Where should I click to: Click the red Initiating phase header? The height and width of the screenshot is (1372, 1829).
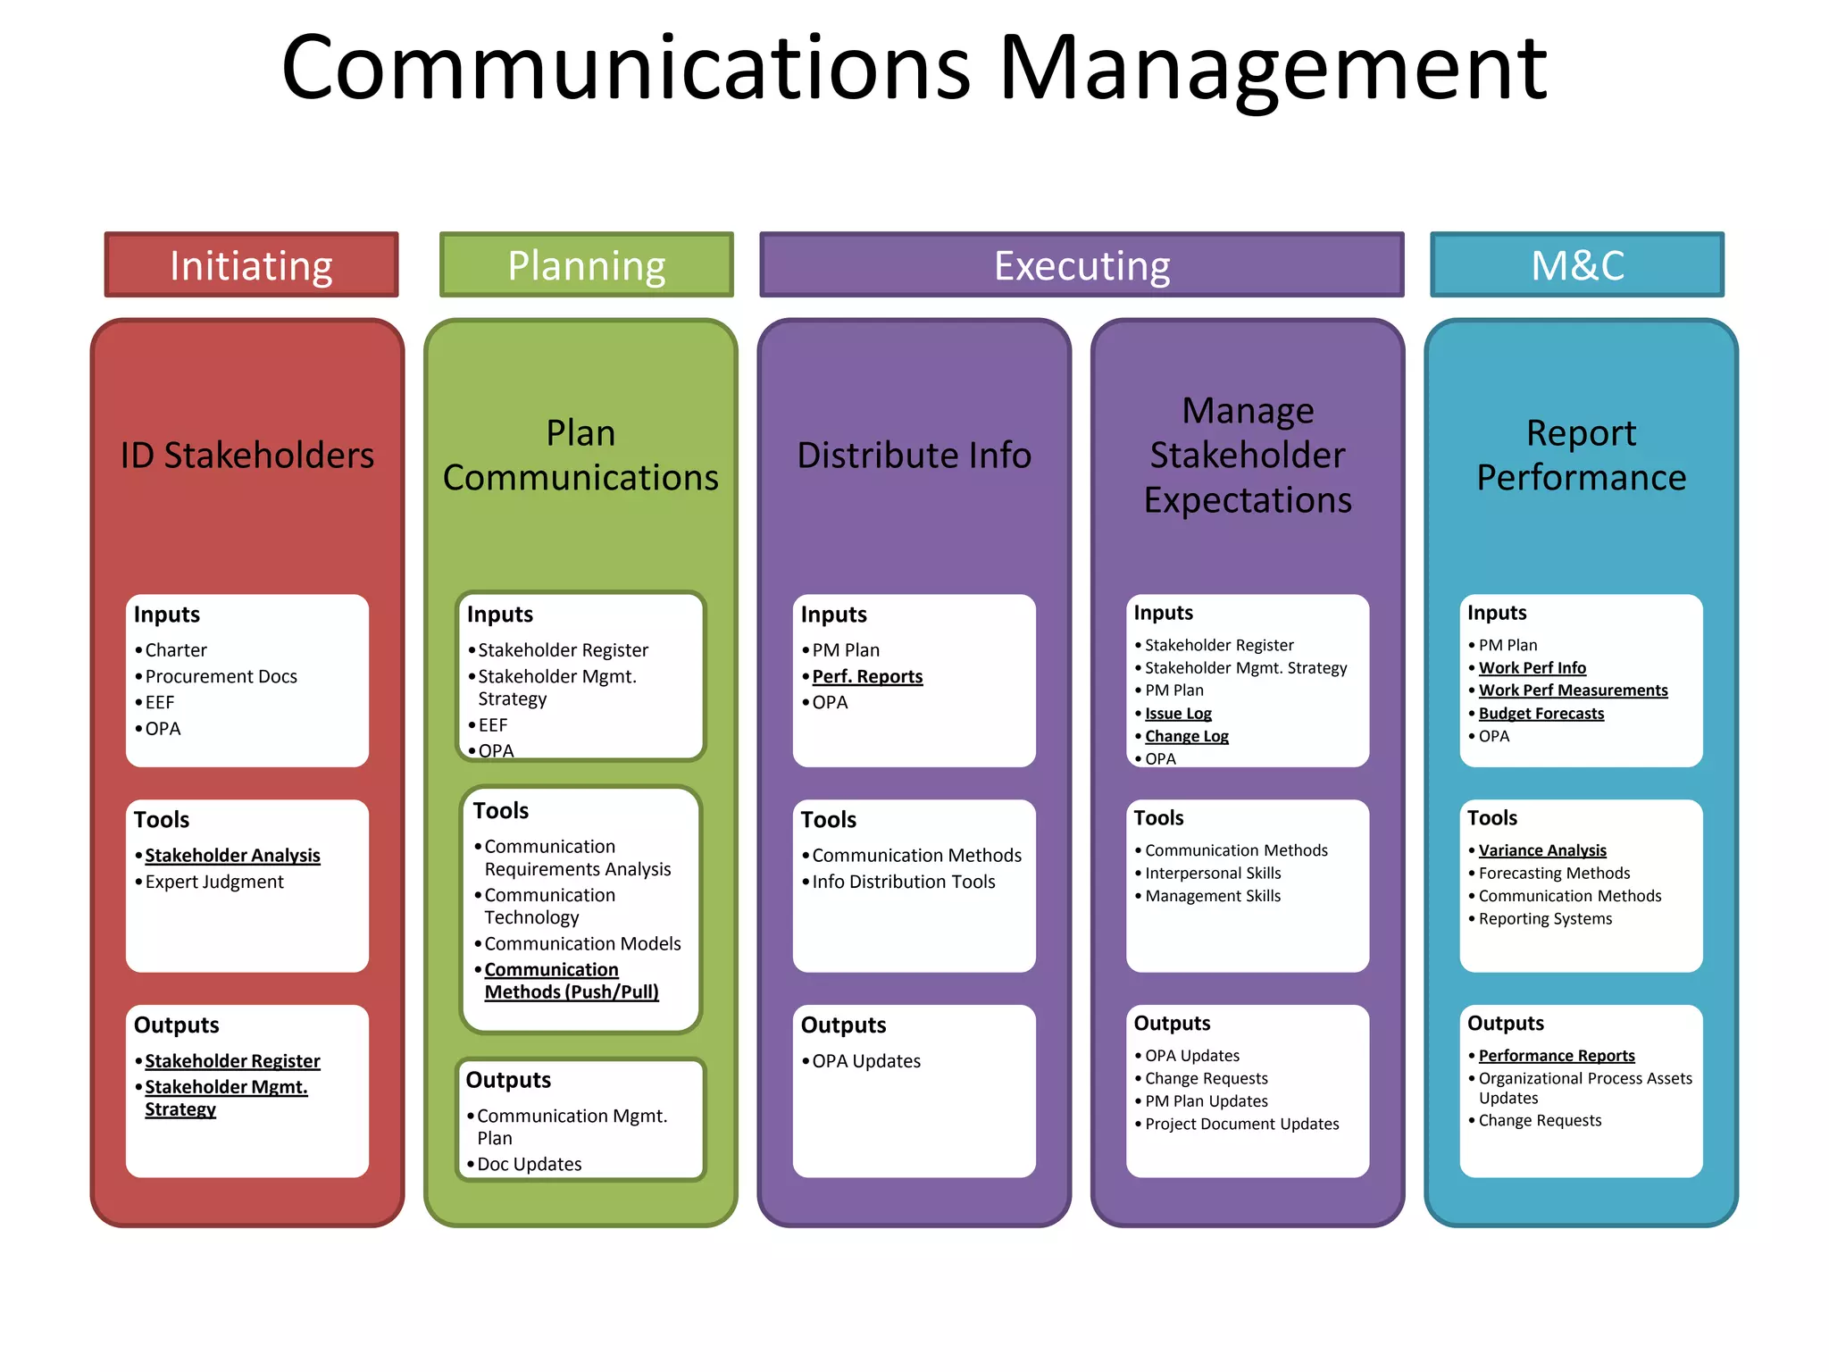point(251,265)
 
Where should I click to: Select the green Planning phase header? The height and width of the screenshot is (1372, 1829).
point(587,265)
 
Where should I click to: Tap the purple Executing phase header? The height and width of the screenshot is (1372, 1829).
point(1082,265)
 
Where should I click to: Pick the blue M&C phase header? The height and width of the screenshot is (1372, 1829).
point(1577,265)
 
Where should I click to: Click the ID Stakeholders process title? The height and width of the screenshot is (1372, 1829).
point(247,456)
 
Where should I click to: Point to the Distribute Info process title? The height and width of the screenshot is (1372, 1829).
point(914,456)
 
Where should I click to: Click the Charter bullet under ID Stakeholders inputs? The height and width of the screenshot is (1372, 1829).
point(176,650)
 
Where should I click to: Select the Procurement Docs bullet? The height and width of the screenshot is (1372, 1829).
point(221,676)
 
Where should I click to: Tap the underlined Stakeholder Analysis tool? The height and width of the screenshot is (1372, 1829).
point(232,855)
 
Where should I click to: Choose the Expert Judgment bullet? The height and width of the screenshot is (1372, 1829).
point(214,882)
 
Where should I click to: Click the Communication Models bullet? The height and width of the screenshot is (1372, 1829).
point(582,943)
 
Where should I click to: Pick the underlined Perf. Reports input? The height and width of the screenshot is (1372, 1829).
point(867,676)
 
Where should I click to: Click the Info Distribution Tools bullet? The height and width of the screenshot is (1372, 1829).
point(903,882)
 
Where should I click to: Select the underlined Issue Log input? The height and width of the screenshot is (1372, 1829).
point(1178,714)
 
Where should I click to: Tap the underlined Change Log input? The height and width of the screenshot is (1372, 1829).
point(1186,736)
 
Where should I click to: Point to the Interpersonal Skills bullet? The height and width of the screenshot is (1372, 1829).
point(1213,873)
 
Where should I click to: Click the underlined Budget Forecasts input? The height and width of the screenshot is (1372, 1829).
point(1541,714)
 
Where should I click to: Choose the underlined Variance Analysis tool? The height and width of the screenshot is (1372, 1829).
point(1542,850)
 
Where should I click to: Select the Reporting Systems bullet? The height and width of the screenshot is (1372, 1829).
point(1545,918)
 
